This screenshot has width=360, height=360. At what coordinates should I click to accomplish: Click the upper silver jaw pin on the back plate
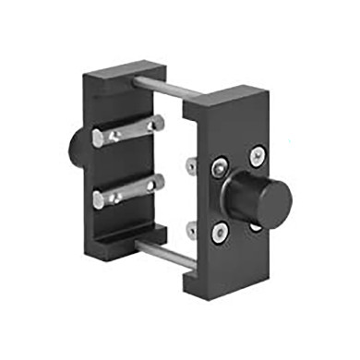click(129, 132)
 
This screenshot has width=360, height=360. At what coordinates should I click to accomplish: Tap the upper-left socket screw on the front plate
click(218, 167)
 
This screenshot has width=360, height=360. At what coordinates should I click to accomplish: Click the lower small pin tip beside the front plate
click(189, 226)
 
